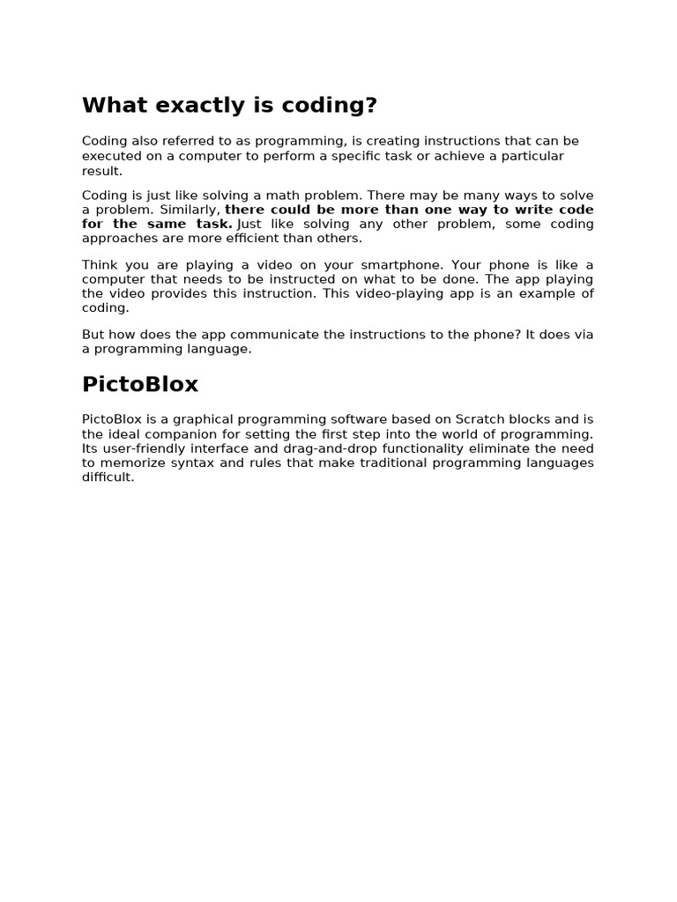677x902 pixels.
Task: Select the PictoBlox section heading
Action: pos(140,385)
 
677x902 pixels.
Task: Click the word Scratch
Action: pos(480,419)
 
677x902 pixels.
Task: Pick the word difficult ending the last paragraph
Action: pos(108,477)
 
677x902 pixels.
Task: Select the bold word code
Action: pos(577,210)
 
